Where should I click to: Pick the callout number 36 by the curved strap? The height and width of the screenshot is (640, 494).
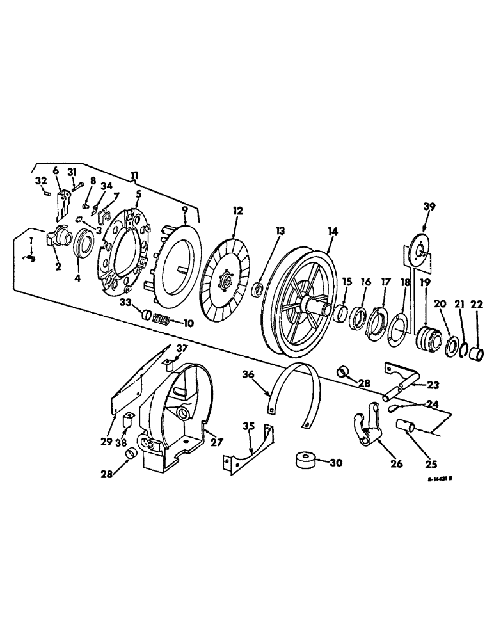pyautogui.click(x=248, y=376)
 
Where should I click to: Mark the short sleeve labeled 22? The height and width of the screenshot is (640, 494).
pyautogui.click(x=476, y=353)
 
